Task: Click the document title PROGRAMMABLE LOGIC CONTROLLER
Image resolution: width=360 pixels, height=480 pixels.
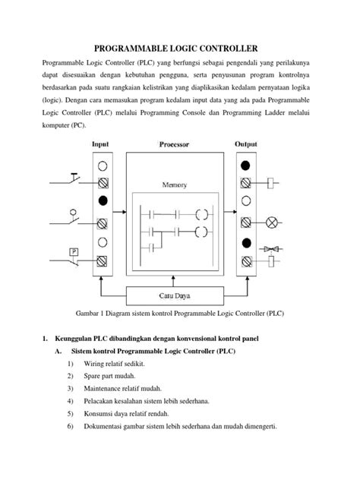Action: [x=179, y=46]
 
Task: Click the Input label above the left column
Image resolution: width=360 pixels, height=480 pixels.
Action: [x=101, y=143]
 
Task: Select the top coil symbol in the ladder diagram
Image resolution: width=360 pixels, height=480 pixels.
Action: [x=201, y=213]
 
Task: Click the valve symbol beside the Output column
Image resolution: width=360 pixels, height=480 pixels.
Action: [x=271, y=248]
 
